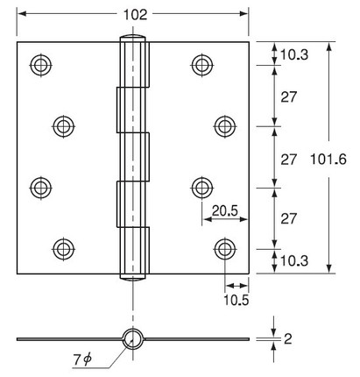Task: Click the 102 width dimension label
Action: [x=135, y=15]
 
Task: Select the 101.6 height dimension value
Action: [x=328, y=160]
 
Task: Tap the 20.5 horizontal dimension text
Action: [x=225, y=210]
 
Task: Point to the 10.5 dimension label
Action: [x=236, y=300]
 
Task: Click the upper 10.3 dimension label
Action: [x=294, y=54]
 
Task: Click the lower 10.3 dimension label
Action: [x=294, y=260]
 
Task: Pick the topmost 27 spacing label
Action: [x=289, y=96]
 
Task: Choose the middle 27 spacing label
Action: [x=289, y=160]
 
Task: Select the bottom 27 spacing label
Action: [x=289, y=218]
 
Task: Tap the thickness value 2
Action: [x=288, y=339]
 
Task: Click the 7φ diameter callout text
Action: [x=82, y=359]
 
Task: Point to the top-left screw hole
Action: [x=41, y=65]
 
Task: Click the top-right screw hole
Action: [x=202, y=65]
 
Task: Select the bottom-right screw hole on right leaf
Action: [x=225, y=249]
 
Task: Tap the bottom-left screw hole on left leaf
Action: [x=64, y=249]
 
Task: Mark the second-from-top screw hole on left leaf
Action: [x=64, y=126]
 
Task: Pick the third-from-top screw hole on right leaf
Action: [x=202, y=188]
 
